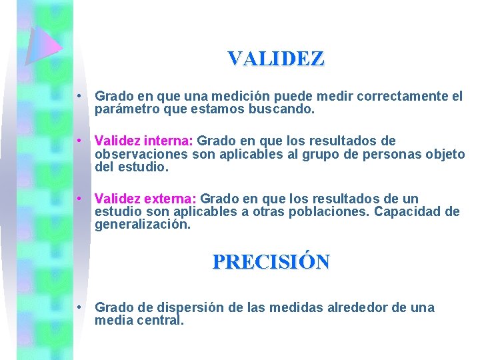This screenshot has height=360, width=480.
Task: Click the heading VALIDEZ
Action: pyautogui.click(x=275, y=59)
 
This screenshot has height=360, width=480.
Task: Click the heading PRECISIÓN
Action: pyautogui.click(x=271, y=261)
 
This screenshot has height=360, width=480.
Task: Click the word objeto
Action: pyautogui.click(x=444, y=155)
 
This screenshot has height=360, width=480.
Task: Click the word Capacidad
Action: pyautogui.click(x=411, y=212)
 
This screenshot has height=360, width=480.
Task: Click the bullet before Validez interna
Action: pyautogui.click(x=79, y=141)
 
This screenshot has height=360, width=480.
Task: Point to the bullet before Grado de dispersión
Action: pyautogui.click(x=79, y=308)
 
